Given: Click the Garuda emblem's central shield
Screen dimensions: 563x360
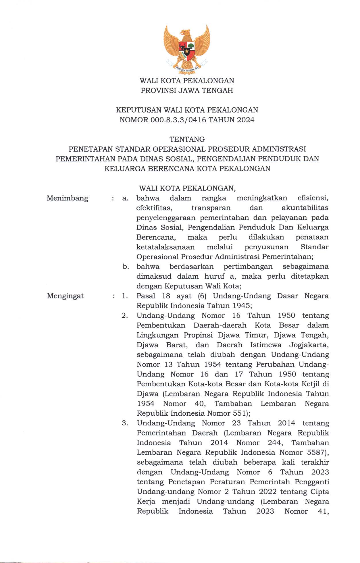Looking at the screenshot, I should pos(187,50).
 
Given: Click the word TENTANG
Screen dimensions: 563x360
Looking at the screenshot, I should pos(187,139).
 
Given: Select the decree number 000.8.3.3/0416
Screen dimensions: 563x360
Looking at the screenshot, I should pos(178,120).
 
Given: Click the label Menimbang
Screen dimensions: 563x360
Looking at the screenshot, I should pos(68,198).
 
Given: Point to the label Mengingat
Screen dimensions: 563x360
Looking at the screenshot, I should pos(66,296).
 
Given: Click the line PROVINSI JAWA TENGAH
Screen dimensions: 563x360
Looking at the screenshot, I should pos(187,90).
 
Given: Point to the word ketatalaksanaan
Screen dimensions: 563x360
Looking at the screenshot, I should pos(165,247).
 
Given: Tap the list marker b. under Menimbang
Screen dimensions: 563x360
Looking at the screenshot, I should pos(126,267).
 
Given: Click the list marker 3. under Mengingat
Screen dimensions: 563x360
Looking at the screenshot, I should pos(125,423).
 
